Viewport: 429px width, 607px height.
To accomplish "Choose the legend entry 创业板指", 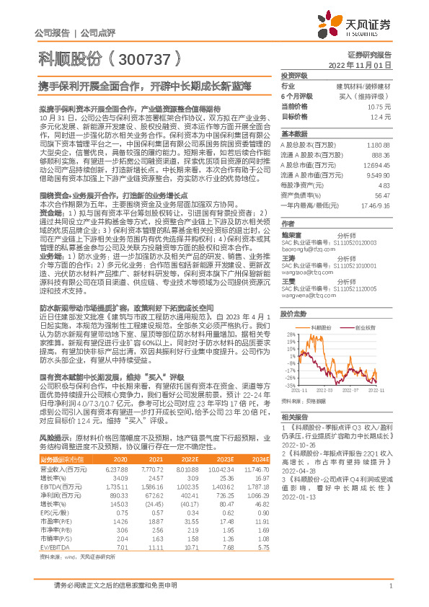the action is pyautogui.click(x=367, y=326).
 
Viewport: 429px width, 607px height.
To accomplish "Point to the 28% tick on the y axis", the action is pyautogui.click(x=290, y=334).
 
